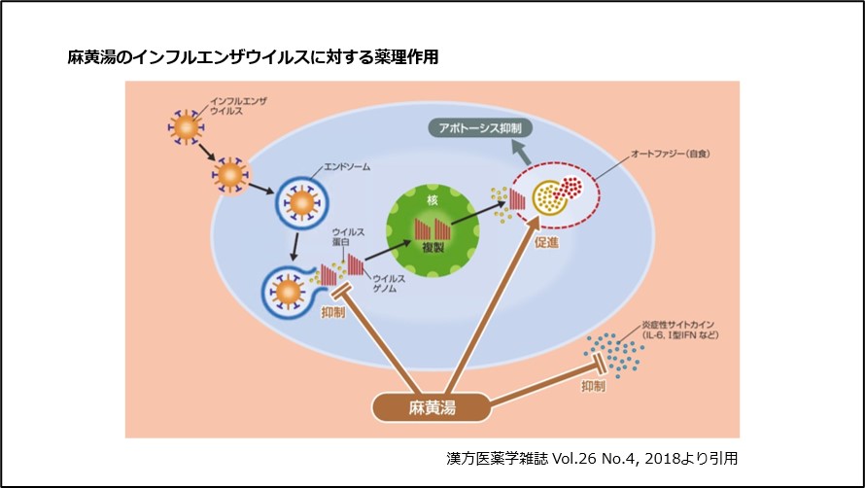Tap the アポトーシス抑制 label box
click(481, 128)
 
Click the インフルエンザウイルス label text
click(239, 105)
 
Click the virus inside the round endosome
click(300, 203)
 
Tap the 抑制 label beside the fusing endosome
click(332, 313)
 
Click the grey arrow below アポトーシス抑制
click(524, 152)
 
